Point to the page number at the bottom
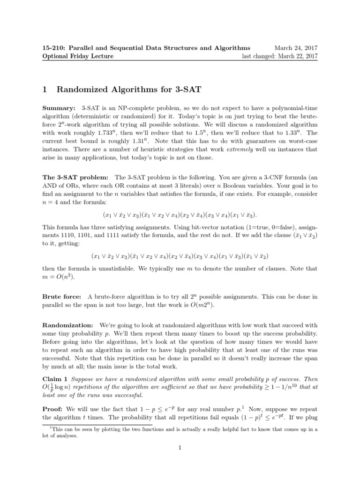[180, 461]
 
